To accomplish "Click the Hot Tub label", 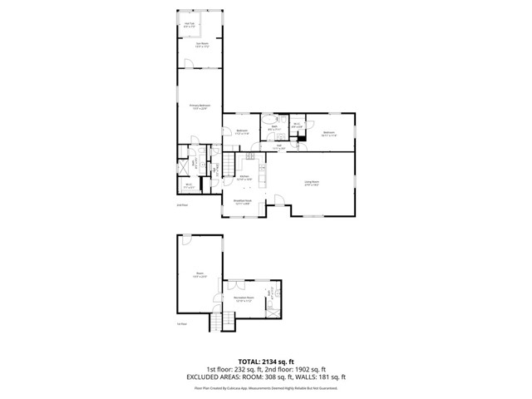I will click(x=190, y=25).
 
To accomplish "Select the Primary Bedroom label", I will click(x=199, y=107).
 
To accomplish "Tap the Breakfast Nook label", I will click(x=244, y=202).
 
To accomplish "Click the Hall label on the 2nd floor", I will click(x=279, y=148).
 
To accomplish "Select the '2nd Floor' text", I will click(x=182, y=204).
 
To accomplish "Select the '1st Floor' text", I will click(x=182, y=323).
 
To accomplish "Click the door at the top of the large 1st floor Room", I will click(x=187, y=240).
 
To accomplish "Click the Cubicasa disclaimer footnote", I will click(x=266, y=387).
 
